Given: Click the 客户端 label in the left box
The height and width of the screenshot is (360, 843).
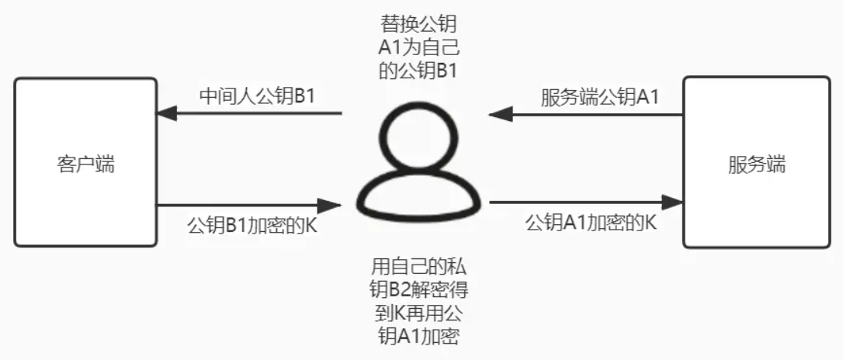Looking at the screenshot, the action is point(85,164).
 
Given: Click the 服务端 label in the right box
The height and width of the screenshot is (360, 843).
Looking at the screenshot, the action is point(757,164).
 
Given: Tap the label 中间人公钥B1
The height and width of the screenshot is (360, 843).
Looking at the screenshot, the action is point(257,97).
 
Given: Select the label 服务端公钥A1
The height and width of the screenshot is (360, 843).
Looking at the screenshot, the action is point(599,97).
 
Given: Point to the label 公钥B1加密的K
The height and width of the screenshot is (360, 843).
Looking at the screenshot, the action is point(252,225).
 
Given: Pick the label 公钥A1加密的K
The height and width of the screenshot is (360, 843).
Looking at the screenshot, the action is point(591,223).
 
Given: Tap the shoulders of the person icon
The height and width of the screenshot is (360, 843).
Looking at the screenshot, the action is point(417,196).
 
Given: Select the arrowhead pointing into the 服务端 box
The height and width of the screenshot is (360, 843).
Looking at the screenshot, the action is point(672,202).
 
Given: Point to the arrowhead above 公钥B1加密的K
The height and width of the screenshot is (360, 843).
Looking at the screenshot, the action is point(330,205).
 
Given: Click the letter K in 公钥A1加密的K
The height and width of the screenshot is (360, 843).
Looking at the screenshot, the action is point(650,223).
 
